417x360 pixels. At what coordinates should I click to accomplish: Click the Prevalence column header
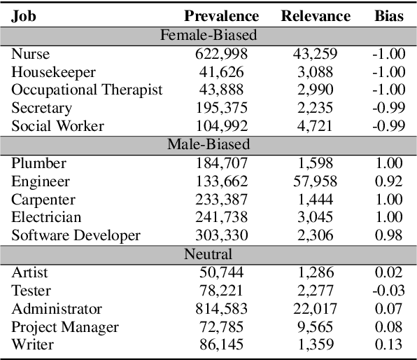point(221,16)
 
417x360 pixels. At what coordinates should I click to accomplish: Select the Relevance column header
point(316,16)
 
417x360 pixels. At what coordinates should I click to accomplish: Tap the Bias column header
point(389,16)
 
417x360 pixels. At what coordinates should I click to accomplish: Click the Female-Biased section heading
point(208,34)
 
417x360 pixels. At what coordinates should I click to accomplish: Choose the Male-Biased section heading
point(208,144)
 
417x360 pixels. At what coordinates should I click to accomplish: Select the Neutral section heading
point(208,254)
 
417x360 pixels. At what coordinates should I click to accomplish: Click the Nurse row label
point(30,53)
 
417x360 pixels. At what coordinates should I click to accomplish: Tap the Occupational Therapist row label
point(87,90)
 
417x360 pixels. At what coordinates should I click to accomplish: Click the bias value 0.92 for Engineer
point(390,181)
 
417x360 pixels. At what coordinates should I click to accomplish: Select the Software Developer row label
point(76,235)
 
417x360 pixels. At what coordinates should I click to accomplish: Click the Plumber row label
point(38,162)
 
